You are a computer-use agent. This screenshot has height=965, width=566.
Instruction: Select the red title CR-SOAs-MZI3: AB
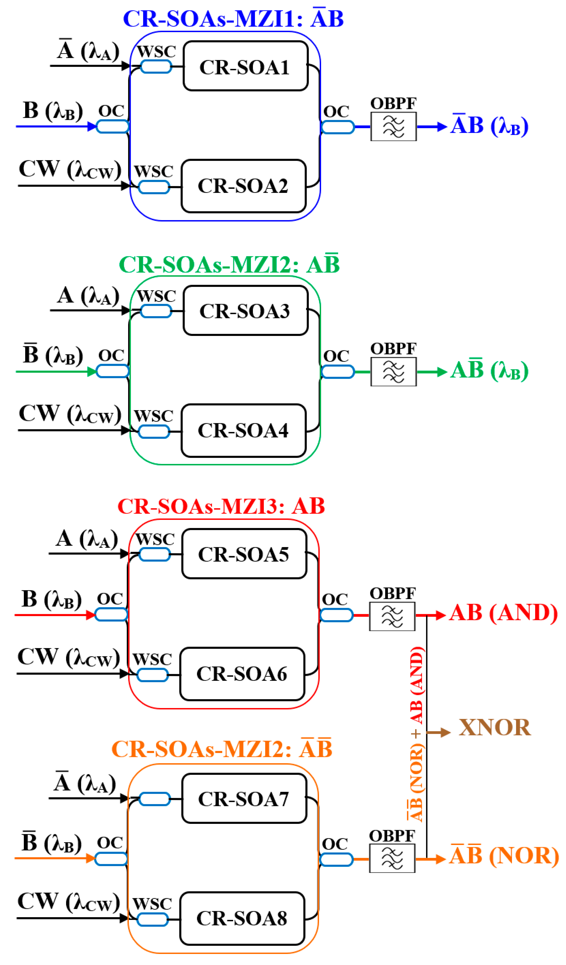click(221, 506)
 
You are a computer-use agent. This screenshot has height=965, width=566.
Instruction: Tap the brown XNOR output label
click(494, 728)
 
